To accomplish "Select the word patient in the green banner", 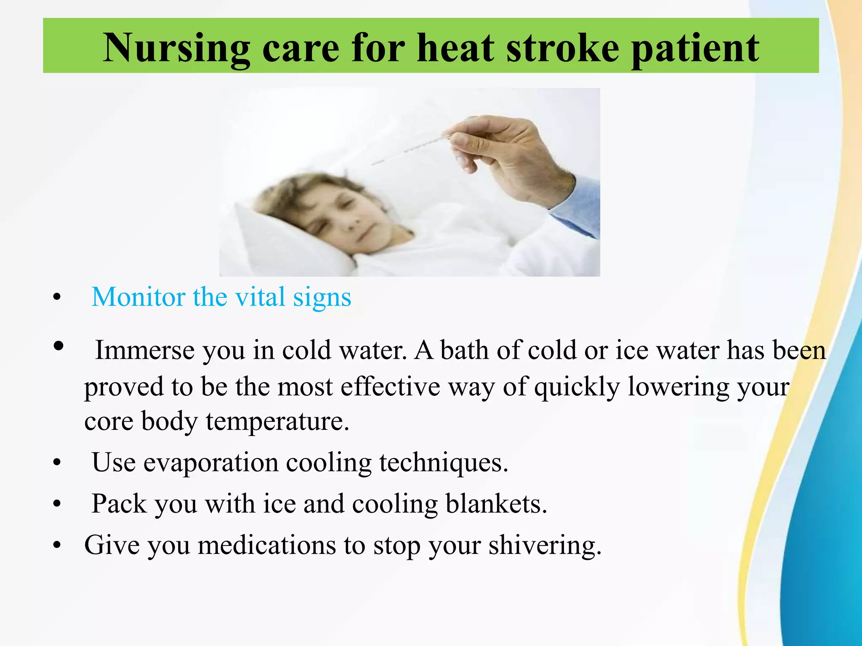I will pos(695,50).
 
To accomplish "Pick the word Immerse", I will pos(145,350).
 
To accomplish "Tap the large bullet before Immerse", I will pos(59,346).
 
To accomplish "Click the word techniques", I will pos(444,463).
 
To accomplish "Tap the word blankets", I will pos(496,503).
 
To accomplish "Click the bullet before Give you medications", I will pos(57,545).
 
